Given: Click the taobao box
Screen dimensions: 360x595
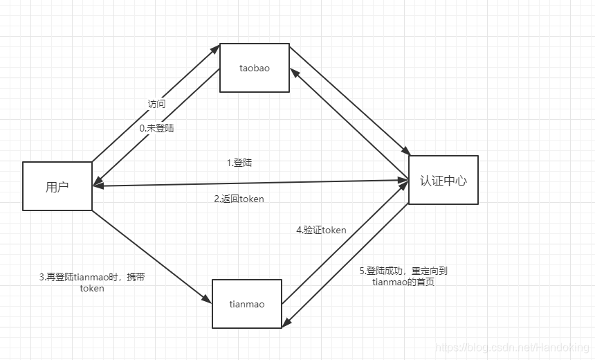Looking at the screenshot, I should (254, 68).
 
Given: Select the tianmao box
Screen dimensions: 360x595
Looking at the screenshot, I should (247, 304).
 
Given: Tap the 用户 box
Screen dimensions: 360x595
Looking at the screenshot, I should (57, 186).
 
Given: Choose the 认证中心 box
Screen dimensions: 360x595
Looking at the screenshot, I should (443, 180).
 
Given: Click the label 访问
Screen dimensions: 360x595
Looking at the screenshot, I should (156, 104).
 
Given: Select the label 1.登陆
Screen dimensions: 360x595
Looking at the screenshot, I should (239, 163).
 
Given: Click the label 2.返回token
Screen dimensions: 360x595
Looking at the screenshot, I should (239, 199).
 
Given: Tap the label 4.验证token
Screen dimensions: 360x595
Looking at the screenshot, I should (321, 230).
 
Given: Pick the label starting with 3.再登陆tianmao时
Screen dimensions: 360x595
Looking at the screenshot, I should (92, 277).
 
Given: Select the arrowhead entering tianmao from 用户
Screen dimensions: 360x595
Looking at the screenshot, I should (207, 298).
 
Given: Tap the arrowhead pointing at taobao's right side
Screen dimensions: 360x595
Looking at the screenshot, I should (293, 72).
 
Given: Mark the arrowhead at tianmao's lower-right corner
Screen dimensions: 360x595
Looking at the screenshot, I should (286, 323).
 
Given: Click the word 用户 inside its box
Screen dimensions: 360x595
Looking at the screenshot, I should (57, 186).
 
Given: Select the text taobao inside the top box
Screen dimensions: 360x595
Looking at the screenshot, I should (254, 69).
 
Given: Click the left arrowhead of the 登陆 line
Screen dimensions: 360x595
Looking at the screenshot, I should (98, 186).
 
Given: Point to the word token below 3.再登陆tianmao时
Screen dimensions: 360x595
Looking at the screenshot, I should (92, 288).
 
